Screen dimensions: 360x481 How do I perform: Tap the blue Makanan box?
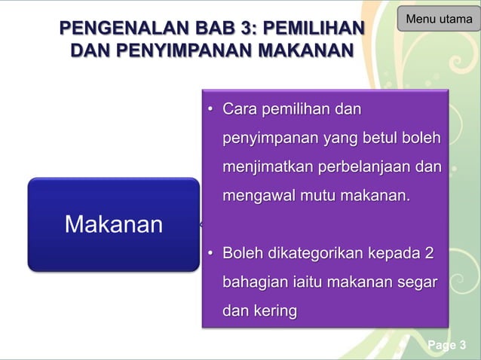[113, 224]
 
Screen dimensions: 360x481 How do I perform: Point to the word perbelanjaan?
[367, 166]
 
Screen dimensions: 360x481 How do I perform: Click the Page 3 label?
[446, 346]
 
